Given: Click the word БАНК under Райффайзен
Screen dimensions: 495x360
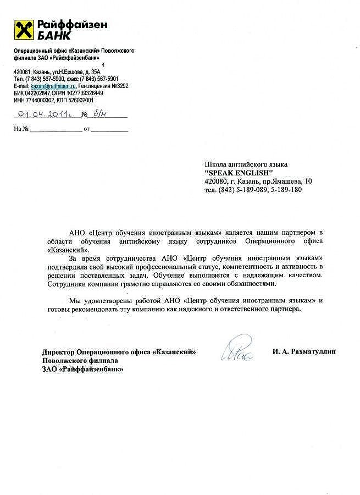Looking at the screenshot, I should [x=54, y=36].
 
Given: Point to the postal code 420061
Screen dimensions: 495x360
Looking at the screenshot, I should [x=23, y=73].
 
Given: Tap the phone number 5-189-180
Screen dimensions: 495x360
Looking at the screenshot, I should [x=287, y=189].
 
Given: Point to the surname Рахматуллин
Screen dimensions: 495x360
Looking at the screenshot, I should [x=313, y=351].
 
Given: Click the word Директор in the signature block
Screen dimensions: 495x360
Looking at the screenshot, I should [x=59, y=351].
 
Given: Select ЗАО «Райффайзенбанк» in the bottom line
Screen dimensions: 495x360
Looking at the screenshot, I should [x=82, y=370].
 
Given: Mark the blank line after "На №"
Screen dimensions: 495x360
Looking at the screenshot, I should [x=56, y=130].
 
